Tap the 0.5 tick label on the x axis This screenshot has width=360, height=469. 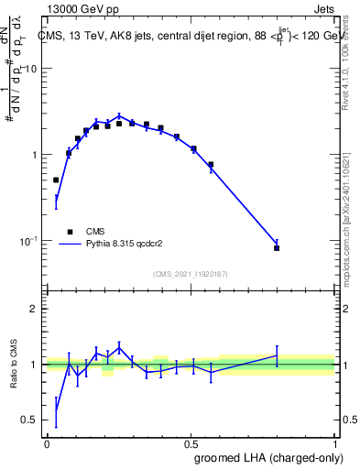coord(191,443)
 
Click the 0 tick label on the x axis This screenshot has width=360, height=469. coord(47,443)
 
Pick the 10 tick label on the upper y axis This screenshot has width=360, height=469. coord(30,70)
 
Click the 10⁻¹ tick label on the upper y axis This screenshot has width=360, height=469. coord(27,241)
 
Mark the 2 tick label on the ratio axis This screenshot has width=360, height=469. coord(34,309)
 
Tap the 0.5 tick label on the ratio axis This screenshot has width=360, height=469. coord(30,420)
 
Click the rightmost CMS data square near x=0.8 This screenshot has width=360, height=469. coord(277,248)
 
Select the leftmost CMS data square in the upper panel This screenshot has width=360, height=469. coord(56,180)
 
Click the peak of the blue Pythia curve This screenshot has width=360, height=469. coord(119,116)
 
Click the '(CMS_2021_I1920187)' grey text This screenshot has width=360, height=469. coord(191,273)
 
